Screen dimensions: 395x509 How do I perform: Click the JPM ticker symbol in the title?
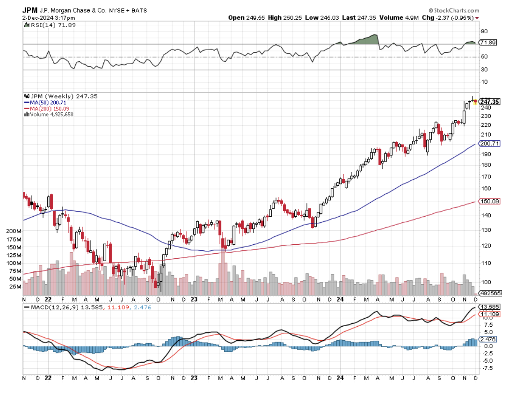(x=30, y=10)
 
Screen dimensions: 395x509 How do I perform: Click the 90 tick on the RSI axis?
(x=484, y=31)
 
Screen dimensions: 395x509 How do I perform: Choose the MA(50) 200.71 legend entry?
(x=47, y=102)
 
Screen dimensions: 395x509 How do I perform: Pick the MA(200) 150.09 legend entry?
(x=48, y=108)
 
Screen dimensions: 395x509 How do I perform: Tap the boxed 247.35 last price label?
(x=490, y=101)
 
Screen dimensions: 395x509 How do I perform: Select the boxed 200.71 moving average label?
(x=489, y=144)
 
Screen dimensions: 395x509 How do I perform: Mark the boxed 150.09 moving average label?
(x=489, y=201)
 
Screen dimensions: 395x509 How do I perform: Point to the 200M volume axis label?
(x=14, y=231)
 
